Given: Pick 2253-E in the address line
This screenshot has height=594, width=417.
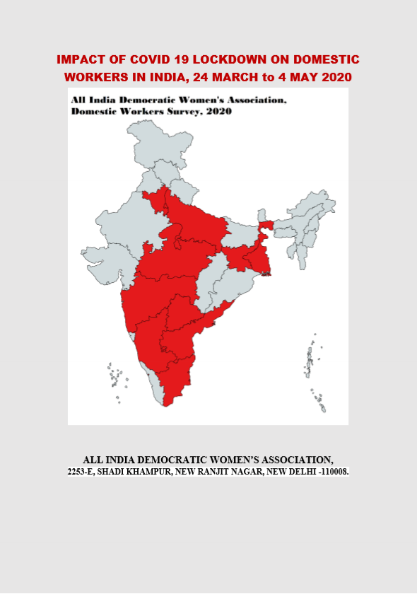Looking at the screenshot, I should [84, 471].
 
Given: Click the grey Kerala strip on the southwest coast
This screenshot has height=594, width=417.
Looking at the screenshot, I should [155, 385].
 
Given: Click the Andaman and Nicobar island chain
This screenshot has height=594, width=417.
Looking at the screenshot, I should [311, 364].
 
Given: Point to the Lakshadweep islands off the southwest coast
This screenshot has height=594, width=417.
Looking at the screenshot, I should [115, 375].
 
